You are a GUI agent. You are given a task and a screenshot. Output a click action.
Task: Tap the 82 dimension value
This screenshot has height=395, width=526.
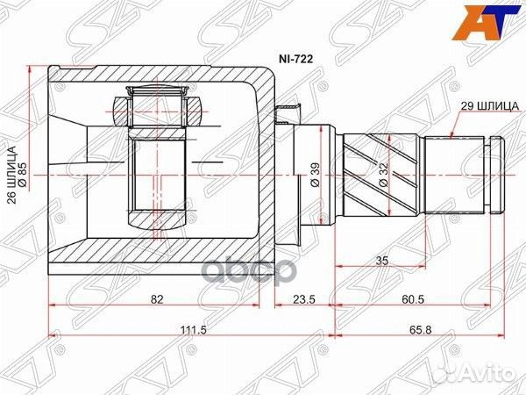(157, 299)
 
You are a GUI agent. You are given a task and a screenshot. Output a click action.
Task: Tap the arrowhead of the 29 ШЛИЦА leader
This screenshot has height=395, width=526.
(450, 136)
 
